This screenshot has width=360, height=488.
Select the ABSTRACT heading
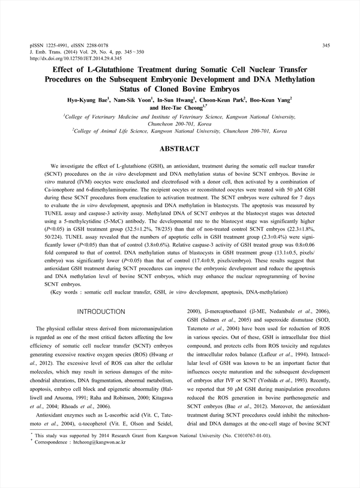pyautogui.click(x=179, y=148)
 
